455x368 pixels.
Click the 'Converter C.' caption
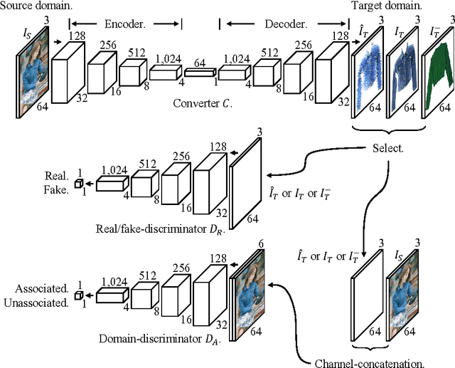201,103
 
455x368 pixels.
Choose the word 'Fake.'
56,190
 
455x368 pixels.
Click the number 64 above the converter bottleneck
200,64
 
